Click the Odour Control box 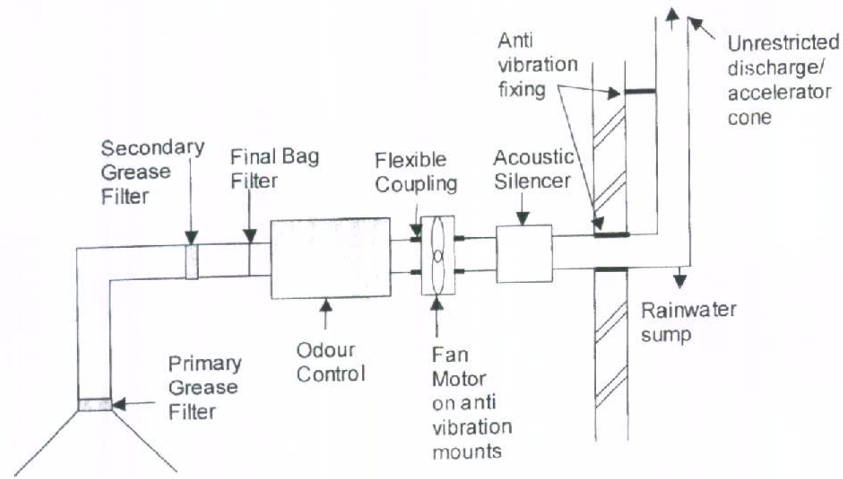pyautogui.click(x=330, y=258)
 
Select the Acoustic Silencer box pyautogui.click(x=523, y=253)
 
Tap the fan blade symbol pyautogui.click(x=438, y=255)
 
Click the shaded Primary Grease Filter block pyautogui.click(x=95, y=404)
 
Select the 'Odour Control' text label pyautogui.click(x=330, y=363)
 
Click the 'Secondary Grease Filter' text pyautogui.click(x=152, y=171)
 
